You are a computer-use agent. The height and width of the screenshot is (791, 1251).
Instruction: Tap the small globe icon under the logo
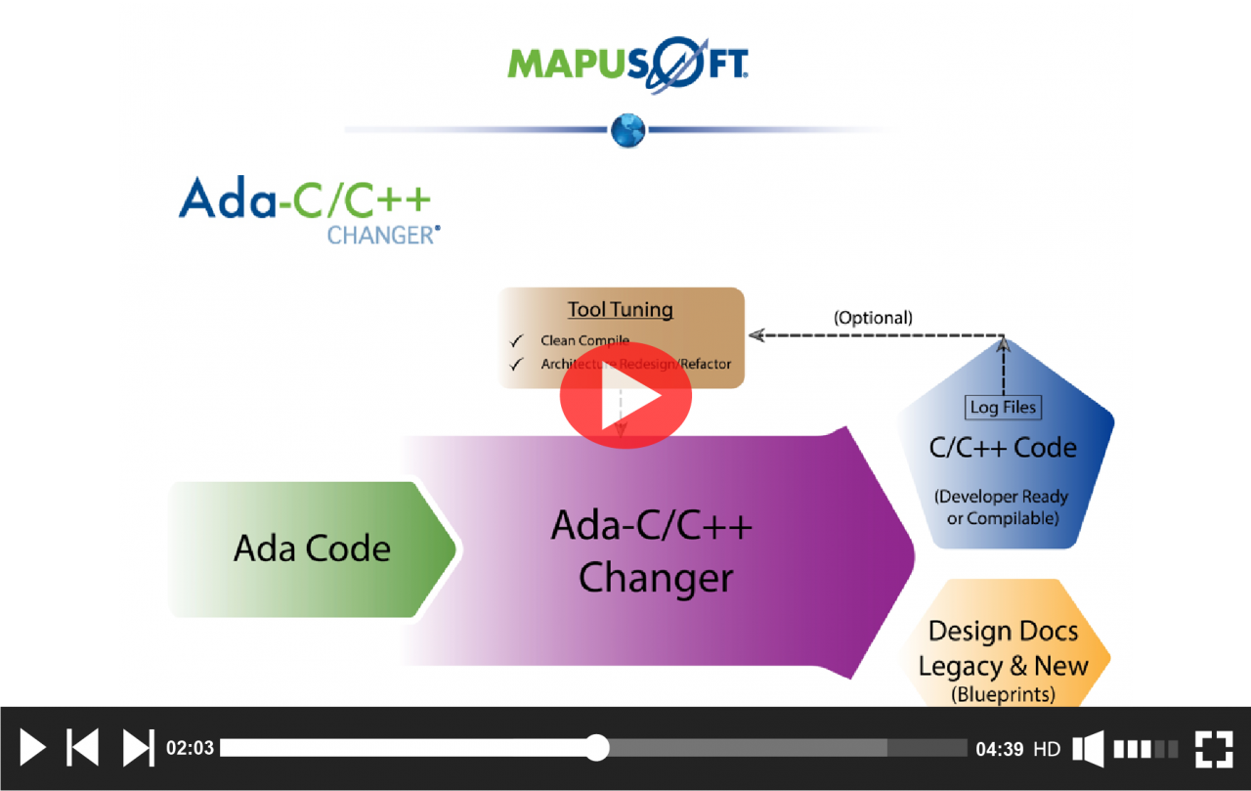(x=627, y=129)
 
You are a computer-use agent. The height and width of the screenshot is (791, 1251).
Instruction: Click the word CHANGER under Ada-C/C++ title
(x=382, y=236)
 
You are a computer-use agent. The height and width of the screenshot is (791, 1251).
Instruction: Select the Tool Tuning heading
(x=621, y=310)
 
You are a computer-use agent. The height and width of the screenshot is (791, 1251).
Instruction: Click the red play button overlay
(x=625, y=396)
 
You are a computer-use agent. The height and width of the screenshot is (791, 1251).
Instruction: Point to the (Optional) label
(x=873, y=318)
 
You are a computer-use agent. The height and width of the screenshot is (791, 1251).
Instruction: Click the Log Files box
(x=1004, y=407)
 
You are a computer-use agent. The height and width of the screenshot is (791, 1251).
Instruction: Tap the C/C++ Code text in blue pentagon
(x=1003, y=448)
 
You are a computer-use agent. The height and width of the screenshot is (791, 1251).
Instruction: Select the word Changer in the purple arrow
(x=656, y=578)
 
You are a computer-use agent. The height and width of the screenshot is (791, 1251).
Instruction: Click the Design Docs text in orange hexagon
(x=1003, y=632)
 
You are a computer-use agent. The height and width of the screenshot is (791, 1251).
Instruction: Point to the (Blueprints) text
(x=1003, y=695)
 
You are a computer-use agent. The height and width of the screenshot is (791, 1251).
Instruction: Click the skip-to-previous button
(x=82, y=748)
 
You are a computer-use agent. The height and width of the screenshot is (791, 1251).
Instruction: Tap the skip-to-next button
(x=138, y=748)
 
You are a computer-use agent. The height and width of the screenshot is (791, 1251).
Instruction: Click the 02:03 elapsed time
(x=190, y=749)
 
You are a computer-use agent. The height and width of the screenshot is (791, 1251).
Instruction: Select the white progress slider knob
(x=597, y=748)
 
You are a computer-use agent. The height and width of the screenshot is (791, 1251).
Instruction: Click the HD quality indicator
(x=1047, y=749)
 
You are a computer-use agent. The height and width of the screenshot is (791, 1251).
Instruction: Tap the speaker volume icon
(x=1089, y=749)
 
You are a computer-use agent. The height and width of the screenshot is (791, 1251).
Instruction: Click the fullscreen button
(x=1213, y=748)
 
